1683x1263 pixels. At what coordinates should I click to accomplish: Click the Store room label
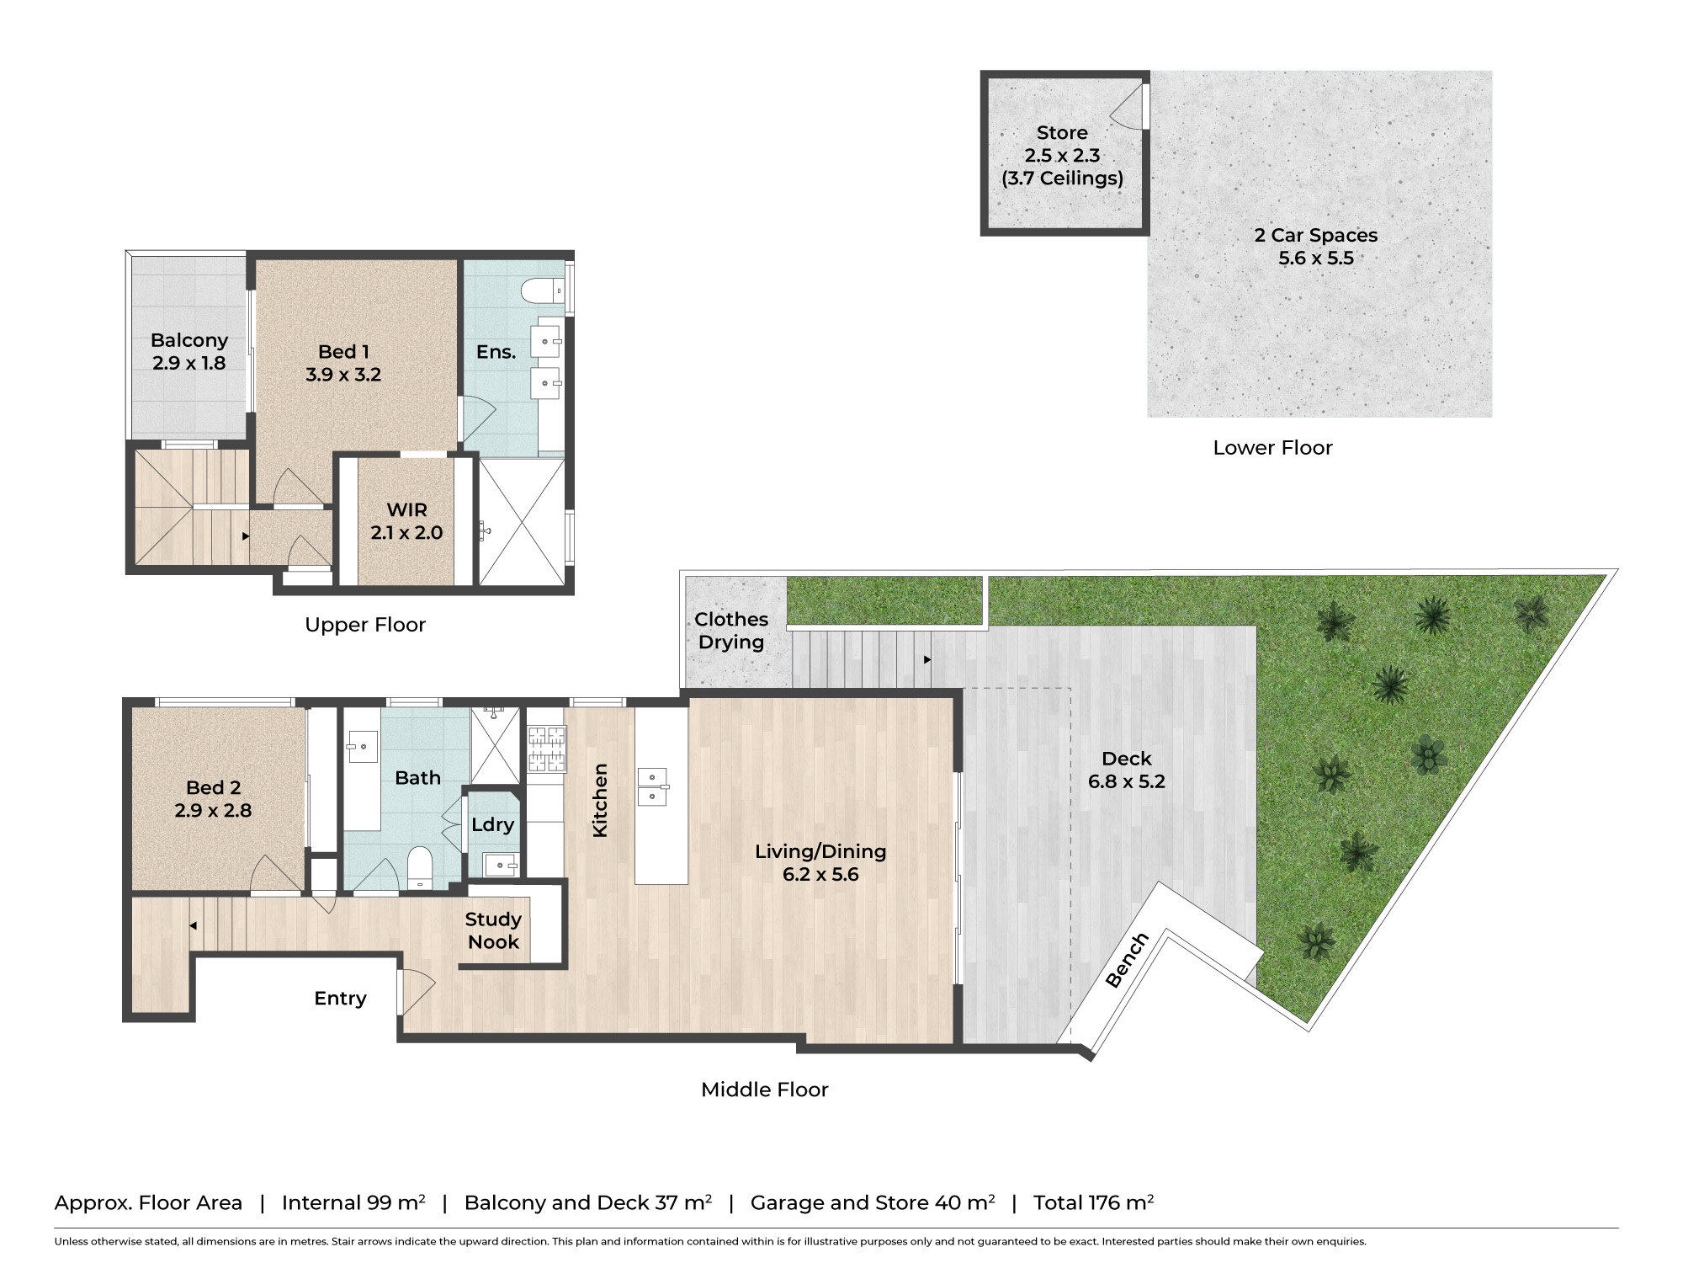coord(1062,156)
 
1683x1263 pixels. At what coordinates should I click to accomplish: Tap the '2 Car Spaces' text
coord(1316,236)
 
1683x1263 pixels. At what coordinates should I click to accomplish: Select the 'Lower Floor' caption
coord(1272,448)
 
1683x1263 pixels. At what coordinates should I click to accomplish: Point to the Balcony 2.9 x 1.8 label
coord(189,352)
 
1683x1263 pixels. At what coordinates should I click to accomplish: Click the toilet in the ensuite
coord(542,291)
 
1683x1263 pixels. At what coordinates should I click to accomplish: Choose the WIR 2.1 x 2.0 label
coord(406,521)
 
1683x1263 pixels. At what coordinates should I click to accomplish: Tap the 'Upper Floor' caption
coord(365,625)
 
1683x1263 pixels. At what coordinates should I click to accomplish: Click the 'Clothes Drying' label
coord(731,631)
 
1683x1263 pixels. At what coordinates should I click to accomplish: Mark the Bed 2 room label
coord(213,799)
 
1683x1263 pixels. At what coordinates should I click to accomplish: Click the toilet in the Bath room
coord(419,867)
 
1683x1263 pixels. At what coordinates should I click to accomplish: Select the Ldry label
coord(492,825)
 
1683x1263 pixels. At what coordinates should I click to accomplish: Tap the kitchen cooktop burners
coord(546,750)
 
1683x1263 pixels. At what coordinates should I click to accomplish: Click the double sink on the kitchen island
coord(652,786)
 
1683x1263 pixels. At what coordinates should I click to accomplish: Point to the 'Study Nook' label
coord(493,930)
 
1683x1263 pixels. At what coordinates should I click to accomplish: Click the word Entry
coord(340,999)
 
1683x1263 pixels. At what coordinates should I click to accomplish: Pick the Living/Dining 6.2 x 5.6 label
coord(820,863)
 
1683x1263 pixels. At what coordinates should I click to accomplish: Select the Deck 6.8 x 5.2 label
coord(1127,770)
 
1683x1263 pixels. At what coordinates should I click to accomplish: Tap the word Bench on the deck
coord(1127,960)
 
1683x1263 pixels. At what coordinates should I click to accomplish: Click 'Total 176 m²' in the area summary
coord(1093,1202)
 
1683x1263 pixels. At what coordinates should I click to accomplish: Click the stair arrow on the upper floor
coord(246,536)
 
